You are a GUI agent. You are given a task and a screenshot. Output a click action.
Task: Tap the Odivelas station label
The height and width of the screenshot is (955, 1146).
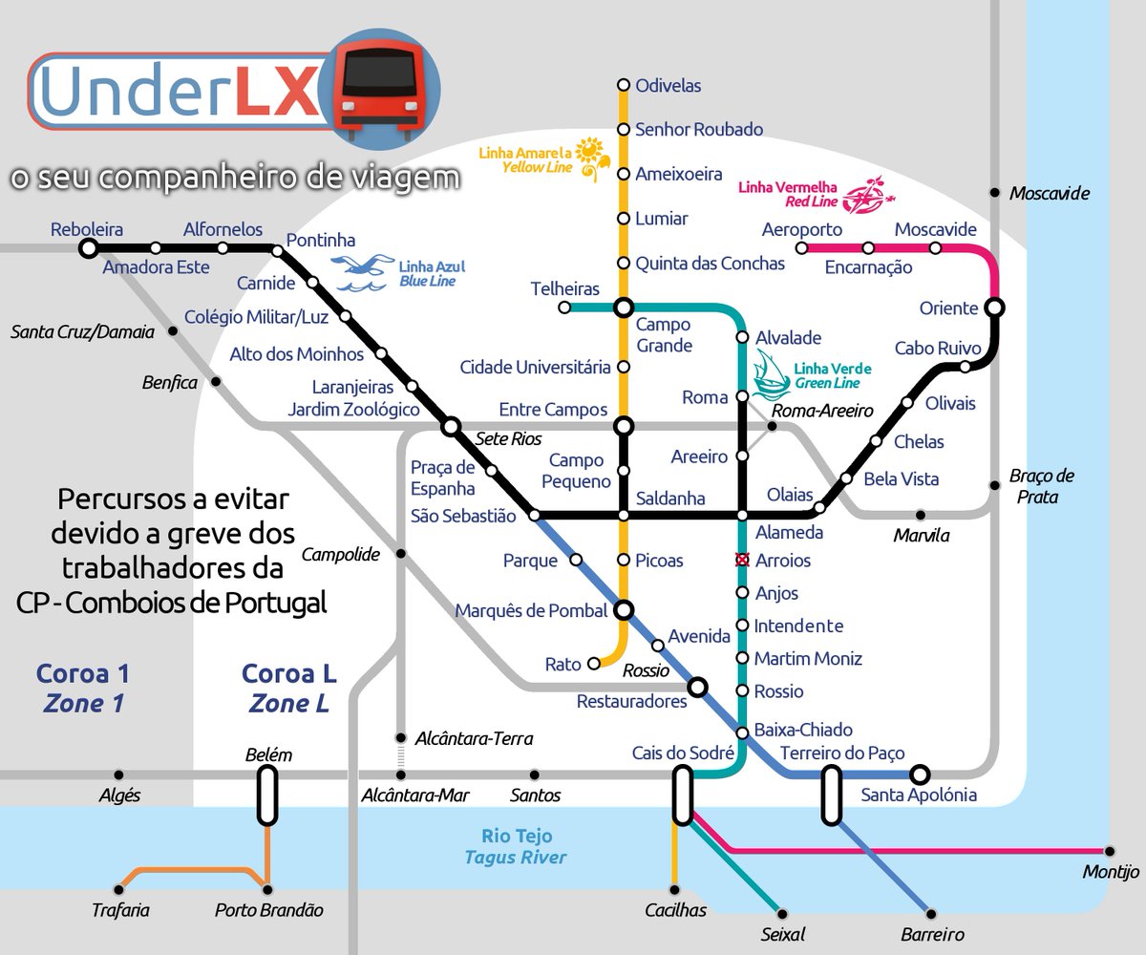(668, 86)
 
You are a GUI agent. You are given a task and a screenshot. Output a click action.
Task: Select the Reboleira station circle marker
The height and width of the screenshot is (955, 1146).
(88, 248)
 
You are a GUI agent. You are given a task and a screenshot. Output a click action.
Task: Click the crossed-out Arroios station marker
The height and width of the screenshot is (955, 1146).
(741, 560)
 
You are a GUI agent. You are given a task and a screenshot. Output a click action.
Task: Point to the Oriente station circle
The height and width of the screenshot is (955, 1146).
(994, 308)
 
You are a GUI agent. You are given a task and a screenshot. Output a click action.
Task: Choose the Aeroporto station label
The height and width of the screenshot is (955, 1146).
(801, 230)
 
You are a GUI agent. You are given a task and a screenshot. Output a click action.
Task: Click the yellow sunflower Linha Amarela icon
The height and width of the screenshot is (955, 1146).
(592, 157)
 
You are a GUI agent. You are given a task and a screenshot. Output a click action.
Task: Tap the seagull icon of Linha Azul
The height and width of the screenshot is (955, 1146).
(364, 271)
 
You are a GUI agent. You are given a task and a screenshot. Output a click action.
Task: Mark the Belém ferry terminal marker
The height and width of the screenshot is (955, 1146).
(267, 796)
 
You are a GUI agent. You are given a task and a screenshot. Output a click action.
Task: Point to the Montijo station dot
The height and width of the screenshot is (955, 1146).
(1110, 850)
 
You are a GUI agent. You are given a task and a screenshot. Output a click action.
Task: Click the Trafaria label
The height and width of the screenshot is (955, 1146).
(120, 910)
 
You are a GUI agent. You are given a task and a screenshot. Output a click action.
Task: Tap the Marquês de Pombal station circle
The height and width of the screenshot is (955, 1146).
(624, 609)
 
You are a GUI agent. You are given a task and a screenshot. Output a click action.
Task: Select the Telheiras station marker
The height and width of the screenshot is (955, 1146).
(564, 308)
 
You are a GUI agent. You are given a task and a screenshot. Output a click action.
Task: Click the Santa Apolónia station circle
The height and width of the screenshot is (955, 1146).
(920, 774)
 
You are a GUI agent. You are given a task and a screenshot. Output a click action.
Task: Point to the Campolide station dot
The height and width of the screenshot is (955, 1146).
(400, 554)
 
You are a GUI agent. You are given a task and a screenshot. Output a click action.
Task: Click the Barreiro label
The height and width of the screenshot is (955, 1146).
(932, 935)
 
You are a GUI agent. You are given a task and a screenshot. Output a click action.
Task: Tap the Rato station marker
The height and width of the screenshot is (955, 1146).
(593, 663)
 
